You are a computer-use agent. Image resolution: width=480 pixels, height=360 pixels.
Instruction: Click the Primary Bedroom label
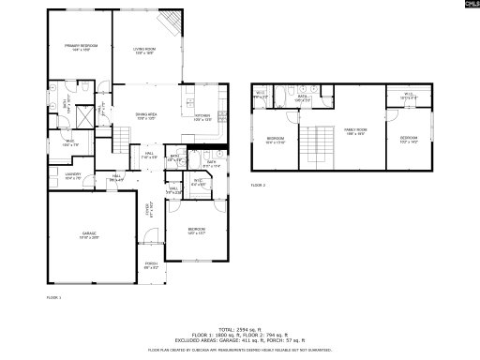tap(82, 47)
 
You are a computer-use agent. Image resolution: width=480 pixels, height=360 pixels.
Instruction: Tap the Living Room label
tap(143, 49)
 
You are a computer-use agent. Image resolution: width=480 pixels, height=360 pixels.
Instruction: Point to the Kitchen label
tap(203, 117)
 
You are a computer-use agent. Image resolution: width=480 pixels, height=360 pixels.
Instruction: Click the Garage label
tap(89, 234)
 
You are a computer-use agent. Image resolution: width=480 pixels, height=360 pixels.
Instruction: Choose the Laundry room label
tap(73, 174)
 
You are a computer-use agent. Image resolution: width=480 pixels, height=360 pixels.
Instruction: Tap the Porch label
tap(151, 265)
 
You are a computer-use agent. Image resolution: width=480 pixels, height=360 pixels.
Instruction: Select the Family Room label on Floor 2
tap(355, 130)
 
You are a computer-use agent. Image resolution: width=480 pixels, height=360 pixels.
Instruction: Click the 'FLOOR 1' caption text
tap(53, 297)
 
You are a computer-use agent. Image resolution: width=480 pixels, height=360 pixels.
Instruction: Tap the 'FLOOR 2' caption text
tap(258, 187)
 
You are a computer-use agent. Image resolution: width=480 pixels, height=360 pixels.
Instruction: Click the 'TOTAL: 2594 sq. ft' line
tap(239, 328)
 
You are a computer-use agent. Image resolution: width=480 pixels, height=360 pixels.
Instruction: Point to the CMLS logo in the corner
tap(465, 7)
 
